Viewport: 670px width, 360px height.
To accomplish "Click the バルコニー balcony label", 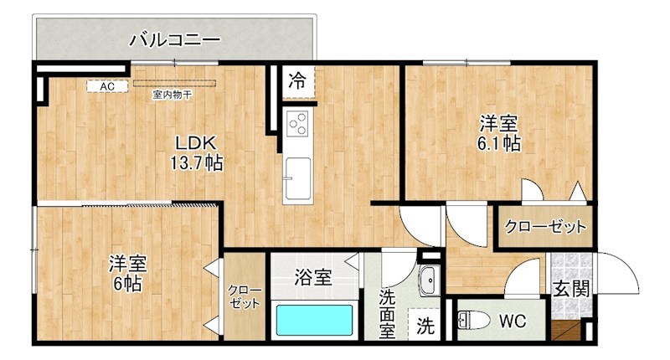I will click(175, 39).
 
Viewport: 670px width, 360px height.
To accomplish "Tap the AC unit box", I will click(106, 85).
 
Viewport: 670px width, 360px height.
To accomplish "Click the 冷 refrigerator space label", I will click(297, 80).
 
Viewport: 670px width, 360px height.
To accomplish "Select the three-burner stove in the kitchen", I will click(297, 125).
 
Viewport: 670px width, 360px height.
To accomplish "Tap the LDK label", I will click(193, 141).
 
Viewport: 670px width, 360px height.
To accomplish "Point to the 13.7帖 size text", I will click(198, 162).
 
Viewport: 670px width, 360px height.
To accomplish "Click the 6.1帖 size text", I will click(499, 144).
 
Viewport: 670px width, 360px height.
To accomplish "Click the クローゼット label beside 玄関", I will click(545, 227).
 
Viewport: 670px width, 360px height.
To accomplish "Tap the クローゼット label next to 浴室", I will click(245, 296).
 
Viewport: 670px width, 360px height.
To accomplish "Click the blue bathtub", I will click(314, 320).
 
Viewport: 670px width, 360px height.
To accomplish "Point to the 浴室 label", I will click(314, 278).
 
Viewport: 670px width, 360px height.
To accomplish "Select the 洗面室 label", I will click(387, 313).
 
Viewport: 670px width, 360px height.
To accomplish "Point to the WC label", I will click(513, 321).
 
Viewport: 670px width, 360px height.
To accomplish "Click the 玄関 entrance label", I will click(570, 290).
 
